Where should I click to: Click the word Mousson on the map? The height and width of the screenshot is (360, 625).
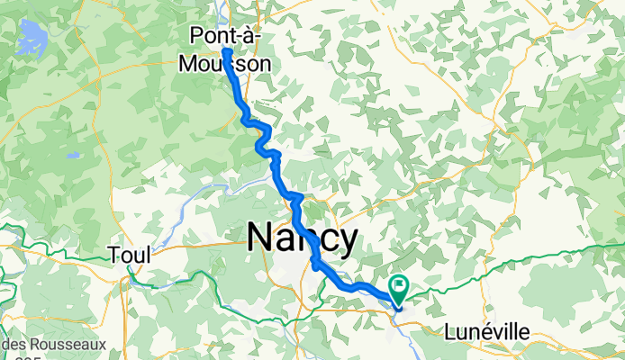click(x=231, y=63)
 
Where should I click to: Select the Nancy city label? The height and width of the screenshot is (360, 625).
click(x=302, y=239)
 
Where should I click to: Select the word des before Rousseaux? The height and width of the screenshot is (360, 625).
click(x=12, y=344)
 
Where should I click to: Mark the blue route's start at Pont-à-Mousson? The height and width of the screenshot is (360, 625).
click(x=226, y=52)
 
